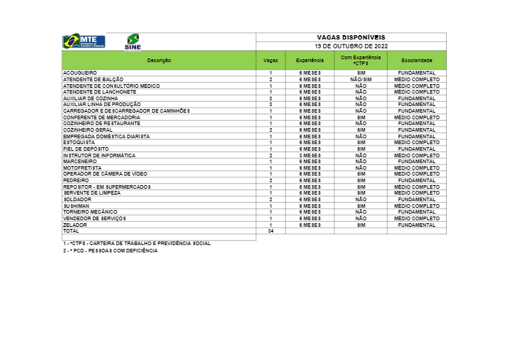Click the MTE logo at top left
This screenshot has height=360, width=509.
[x=84, y=41]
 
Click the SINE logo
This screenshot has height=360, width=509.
[x=133, y=42]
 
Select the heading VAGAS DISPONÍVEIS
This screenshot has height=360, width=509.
[x=350, y=37]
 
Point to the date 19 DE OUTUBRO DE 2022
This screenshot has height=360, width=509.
[x=350, y=45]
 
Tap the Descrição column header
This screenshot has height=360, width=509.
[x=159, y=60]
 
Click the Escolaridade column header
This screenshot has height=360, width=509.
[x=416, y=60]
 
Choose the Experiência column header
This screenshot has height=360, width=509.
[x=309, y=60]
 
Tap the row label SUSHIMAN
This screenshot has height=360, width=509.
[x=75, y=206]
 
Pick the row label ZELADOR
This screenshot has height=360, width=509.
[x=75, y=225]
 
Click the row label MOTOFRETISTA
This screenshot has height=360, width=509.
[x=81, y=168]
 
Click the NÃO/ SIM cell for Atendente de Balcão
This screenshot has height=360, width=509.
[x=361, y=79]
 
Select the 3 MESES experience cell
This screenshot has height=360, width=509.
[x=309, y=156]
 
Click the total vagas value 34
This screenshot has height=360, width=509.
[x=271, y=230]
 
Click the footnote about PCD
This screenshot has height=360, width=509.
[x=110, y=250]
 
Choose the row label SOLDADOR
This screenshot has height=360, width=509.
[x=77, y=199]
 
